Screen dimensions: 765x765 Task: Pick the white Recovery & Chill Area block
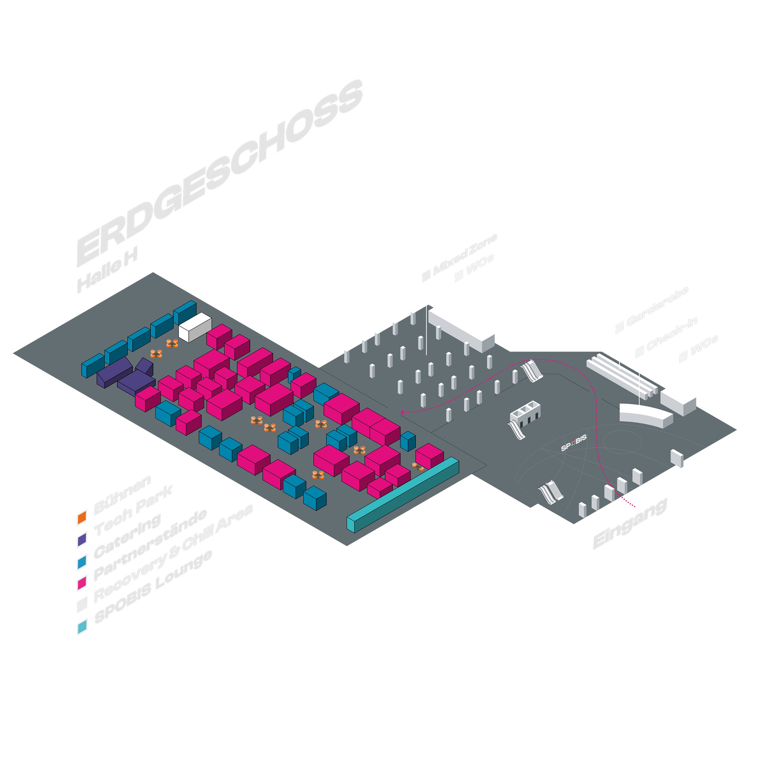click(x=195, y=327)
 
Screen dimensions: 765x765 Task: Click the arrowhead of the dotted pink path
click(x=402, y=412)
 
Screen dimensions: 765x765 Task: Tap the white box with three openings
click(x=525, y=413)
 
